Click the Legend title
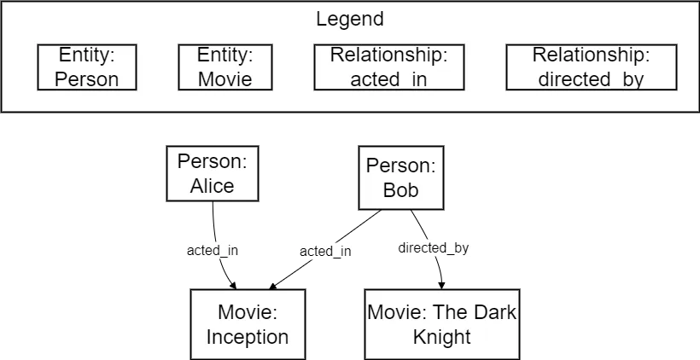pyautogui.click(x=350, y=19)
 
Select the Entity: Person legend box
pyautogui.click(x=89, y=67)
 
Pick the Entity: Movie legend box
pyautogui.click(x=225, y=67)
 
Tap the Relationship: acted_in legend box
pyautogui.click(x=389, y=67)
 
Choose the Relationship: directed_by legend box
pyautogui.click(x=591, y=67)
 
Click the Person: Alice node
pyautogui.click(x=212, y=174)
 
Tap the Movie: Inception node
pyautogui.click(x=248, y=324)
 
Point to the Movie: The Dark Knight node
pyautogui.click(x=441, y=324)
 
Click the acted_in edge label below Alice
pyautogui.click(x=212, y=251)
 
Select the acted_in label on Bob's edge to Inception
pyautogui.click(x=325, y=251)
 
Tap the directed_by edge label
pyautogui.click(x=434, y=248)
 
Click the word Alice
pyautogui.click(x=212, y=186)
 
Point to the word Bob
pyautogui.click(x=400, y=190)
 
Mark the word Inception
pyautogui.click(x=248, y=337)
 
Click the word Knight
pyautogui.click(x=441, y=337)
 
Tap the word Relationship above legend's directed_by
pyautogui.click(x=591, y=55)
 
